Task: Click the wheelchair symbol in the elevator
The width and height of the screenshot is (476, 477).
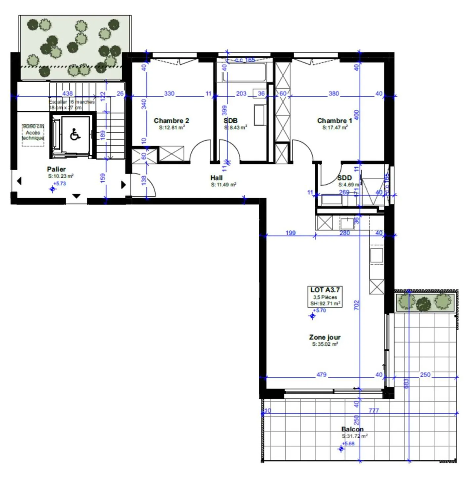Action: click(x=75, y=135)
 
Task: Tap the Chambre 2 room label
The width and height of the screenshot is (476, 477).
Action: click(x=171, y=121)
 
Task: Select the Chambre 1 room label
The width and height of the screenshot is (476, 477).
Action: click(x=335, y=121)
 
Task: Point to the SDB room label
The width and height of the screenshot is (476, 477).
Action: click(x=230, y=121)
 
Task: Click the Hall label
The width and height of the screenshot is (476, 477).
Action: click(x=217, y=178)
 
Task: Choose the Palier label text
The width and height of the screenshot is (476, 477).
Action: click(x=56, y=169)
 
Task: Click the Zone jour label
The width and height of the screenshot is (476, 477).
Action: click(x=325, y=337)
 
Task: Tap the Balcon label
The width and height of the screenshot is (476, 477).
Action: click(x=352, y=429)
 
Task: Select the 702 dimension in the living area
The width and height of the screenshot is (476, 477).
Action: click(x=356, y=304)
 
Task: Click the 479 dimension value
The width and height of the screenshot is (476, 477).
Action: click(x=321, y=375)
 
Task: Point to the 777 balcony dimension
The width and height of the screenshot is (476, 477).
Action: click(x=374, y=411)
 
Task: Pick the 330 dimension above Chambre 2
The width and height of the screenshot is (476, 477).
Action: click(x=169, y=94)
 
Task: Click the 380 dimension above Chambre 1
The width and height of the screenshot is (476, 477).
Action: click(x=334, y=94)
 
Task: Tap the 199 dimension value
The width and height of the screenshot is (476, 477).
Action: click(x=290, y=233)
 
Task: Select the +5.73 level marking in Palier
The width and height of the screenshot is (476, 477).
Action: click(x=61, y=183)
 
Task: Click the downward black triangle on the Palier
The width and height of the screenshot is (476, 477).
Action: click(x=76, y=196)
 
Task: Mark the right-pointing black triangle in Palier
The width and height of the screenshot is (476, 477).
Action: click(x=124, y=184)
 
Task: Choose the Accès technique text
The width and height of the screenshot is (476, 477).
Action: click(x=33, y=135)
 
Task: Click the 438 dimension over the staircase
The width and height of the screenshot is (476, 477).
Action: click(x=67, y=94)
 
